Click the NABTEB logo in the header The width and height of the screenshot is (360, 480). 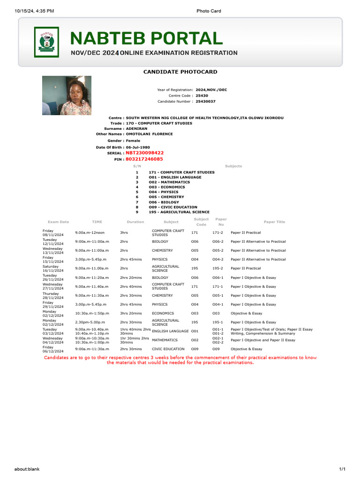[46, 42]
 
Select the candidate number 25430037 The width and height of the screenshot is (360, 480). [206, 101]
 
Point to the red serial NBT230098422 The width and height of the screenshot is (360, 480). [144, 153]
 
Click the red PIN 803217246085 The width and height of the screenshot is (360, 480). [144, 159]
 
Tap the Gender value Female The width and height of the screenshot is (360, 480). [133, 141]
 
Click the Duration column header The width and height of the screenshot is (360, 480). [135, 222]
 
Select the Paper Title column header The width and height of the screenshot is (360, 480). [274, 222]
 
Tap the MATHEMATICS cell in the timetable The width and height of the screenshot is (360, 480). [165, 340]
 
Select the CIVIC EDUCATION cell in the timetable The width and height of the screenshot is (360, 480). [168, 349]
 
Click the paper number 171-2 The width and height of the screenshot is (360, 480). [217, 232]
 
